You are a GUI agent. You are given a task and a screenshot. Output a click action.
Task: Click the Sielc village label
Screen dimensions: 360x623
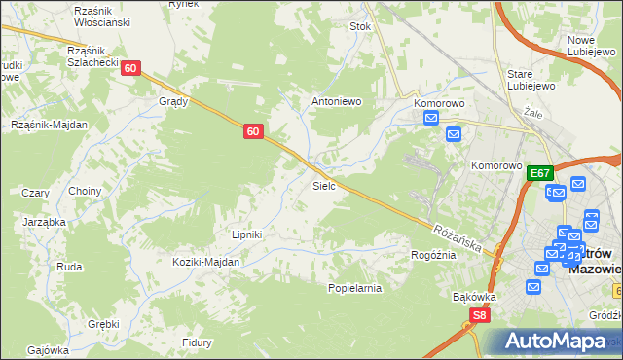tap(324, 185)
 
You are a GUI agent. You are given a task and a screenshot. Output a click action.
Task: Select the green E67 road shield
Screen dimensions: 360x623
tap(540, 173)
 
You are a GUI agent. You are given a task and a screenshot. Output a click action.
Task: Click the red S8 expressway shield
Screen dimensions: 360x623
tap(478, 315)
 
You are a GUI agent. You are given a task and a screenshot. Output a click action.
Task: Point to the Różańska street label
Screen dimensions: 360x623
tap(458, 236)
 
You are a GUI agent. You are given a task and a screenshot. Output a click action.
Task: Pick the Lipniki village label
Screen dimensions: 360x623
tap(246, 234)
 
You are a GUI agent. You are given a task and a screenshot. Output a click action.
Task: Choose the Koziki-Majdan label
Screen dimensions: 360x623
tap(206, 263)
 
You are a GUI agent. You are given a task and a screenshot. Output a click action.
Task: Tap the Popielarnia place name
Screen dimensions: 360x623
tap(354, 288)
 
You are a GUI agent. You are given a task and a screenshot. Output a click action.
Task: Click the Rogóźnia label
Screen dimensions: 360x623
tap(434, 255)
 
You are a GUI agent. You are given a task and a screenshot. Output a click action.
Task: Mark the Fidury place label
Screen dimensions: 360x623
tap(197, 342)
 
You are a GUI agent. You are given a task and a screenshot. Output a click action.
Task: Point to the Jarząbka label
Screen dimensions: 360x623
tap(44, 221)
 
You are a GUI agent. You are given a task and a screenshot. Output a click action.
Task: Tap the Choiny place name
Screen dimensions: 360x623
tap(85, 192)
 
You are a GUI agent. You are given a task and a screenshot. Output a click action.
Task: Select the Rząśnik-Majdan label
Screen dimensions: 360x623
tap(49, 125)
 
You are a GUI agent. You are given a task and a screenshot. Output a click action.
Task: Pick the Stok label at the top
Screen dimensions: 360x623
tap(360, 27)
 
